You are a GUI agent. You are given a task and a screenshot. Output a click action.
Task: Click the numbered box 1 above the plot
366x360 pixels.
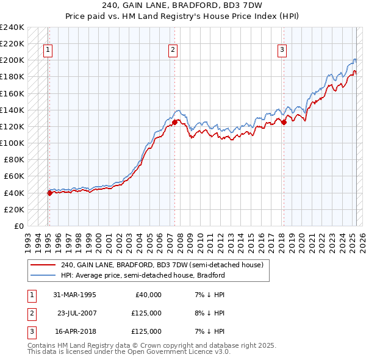48,51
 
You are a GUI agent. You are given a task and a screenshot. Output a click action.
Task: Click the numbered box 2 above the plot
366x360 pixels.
173,51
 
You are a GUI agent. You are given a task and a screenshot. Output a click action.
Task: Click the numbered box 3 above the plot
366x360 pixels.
283,51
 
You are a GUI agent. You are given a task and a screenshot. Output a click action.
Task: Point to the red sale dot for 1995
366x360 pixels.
49,193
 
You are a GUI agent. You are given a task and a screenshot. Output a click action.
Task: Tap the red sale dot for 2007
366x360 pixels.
174,122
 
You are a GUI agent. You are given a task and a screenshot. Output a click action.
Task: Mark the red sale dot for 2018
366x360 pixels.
284,122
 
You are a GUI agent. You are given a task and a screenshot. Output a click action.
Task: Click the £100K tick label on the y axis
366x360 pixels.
12,143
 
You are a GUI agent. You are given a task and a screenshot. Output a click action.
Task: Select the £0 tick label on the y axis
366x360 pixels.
20,226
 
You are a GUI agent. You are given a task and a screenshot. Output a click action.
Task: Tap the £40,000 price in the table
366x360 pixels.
146,295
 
